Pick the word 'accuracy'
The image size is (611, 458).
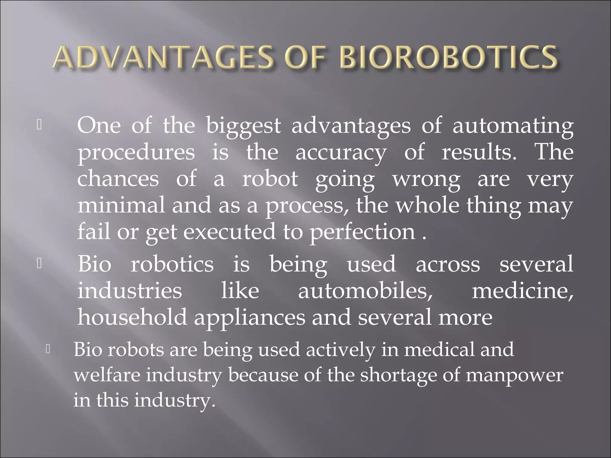pos(341,153)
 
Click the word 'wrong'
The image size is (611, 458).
pos(426,180)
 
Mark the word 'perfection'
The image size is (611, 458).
pos(362,232)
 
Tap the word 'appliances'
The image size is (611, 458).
pos(250,318)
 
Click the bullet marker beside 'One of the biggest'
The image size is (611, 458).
pos(39,125)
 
